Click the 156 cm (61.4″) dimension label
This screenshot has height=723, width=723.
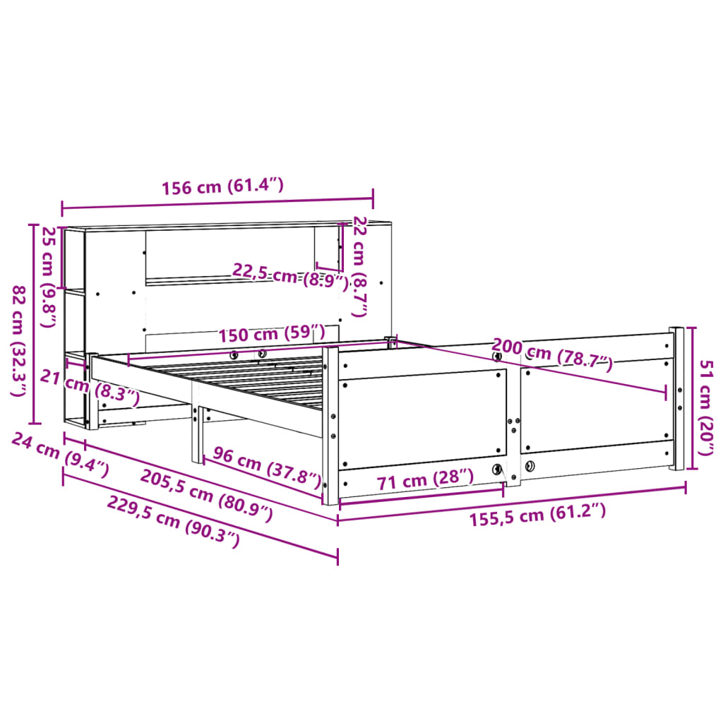click(222, 186)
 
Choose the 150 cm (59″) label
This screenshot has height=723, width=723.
click(271, 333)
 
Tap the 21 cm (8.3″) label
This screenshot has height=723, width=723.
click(89, 388)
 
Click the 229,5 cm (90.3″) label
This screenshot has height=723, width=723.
click(174, 521)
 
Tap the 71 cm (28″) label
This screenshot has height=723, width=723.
click(424, 481)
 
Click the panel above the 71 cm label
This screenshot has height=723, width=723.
click(422, 416)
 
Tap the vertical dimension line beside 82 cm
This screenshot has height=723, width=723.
click(32, 321)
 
